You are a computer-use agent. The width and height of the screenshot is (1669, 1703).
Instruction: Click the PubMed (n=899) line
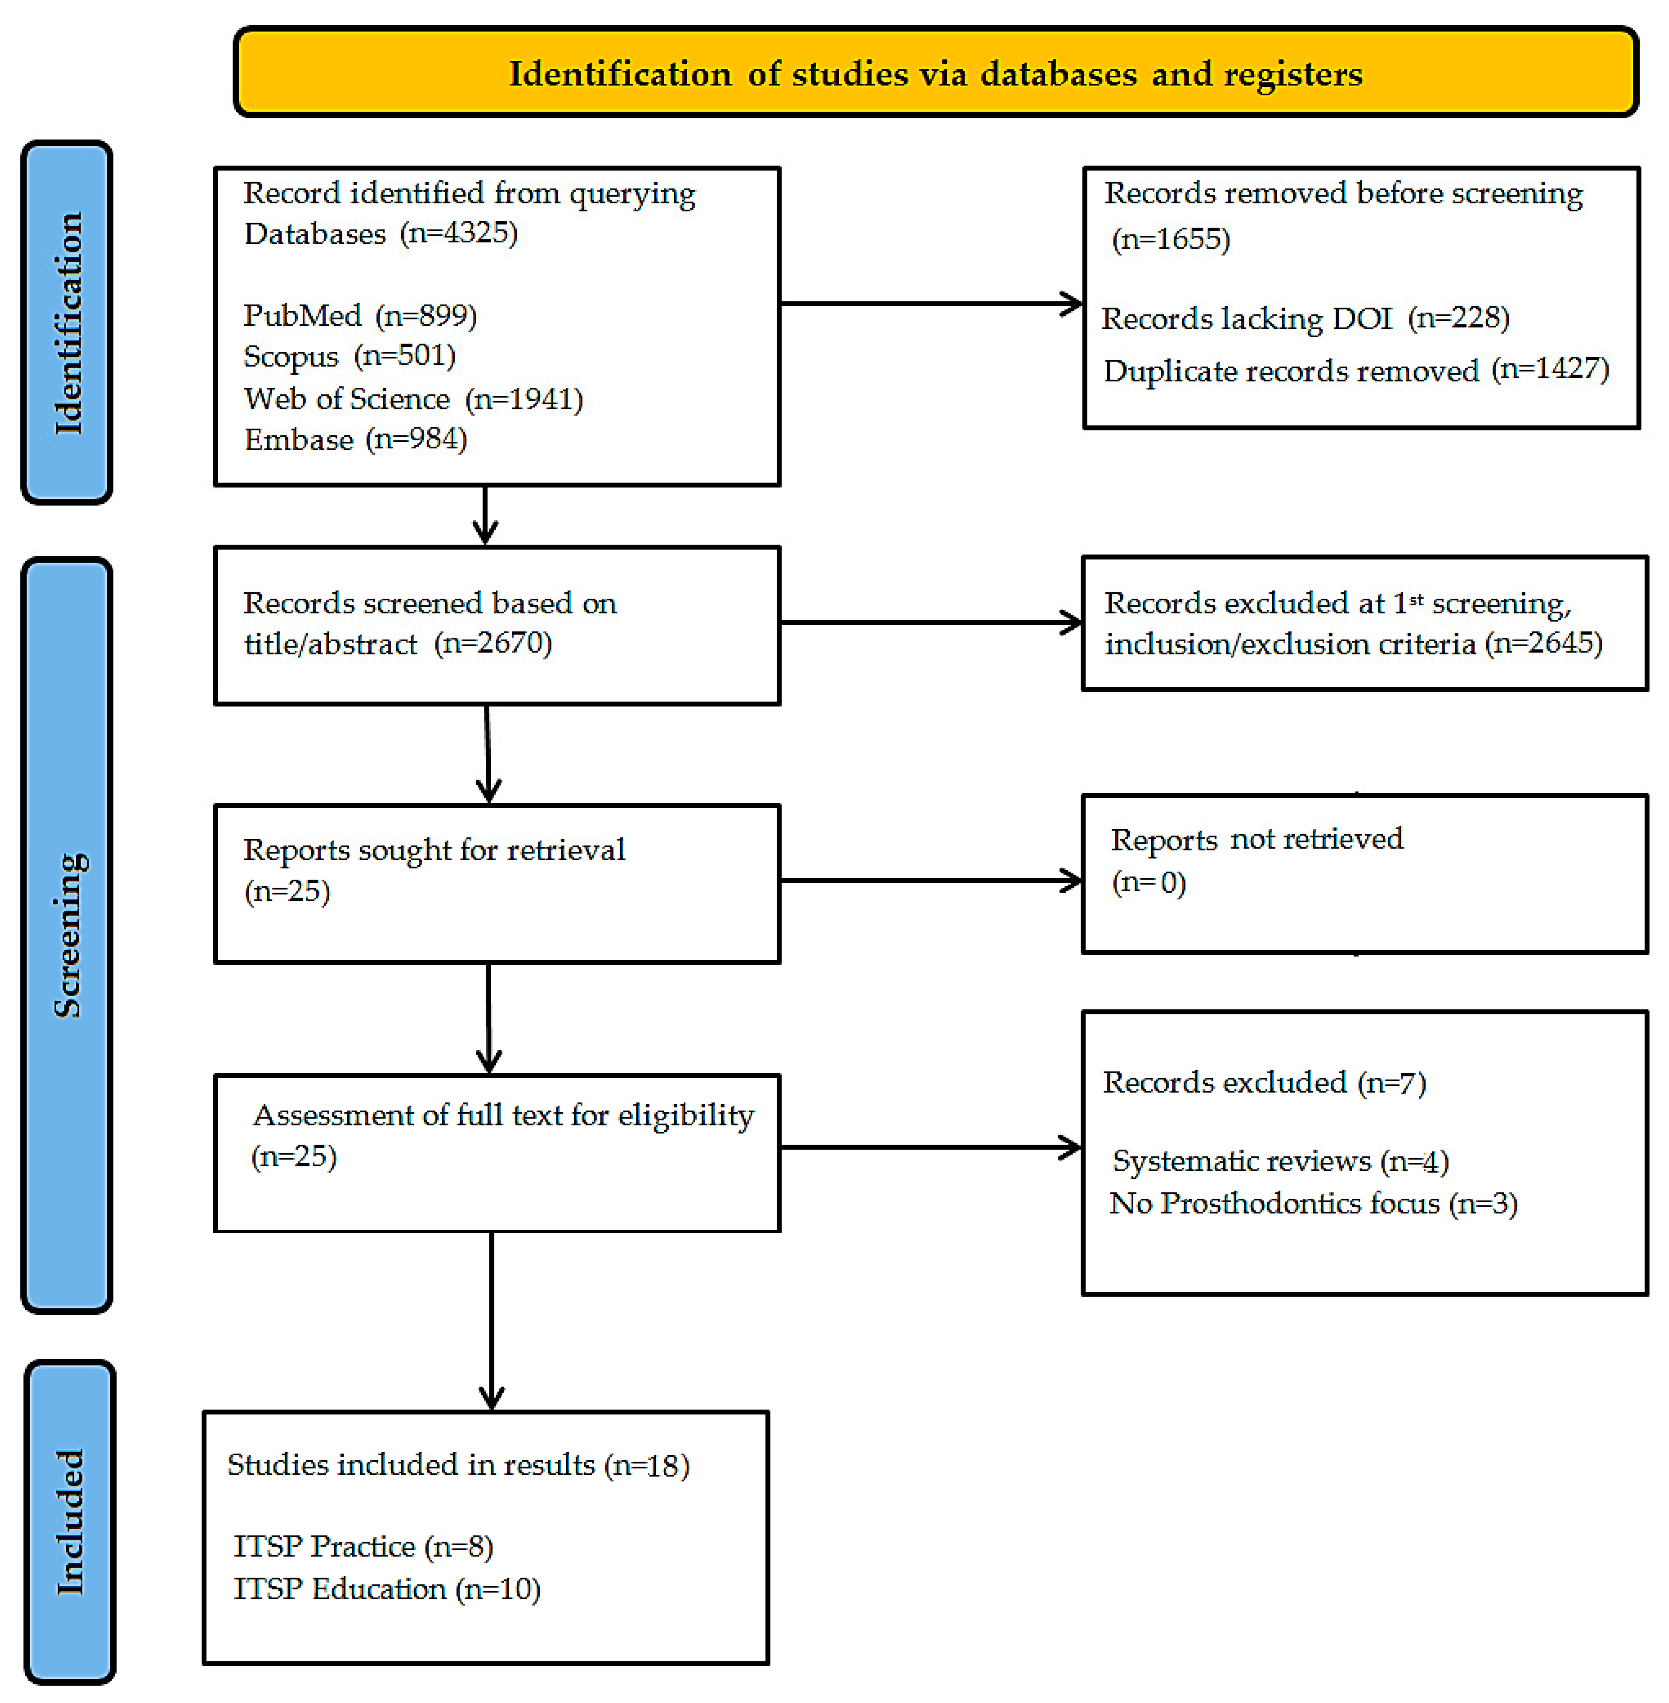[x=359, y=315]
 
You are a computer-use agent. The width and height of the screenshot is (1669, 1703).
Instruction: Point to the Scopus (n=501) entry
[x=349, y=356]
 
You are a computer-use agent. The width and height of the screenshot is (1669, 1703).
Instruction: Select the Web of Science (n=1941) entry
[x=413, y=399]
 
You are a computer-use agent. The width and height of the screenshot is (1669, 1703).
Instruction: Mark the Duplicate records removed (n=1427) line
[x=1355, y=370]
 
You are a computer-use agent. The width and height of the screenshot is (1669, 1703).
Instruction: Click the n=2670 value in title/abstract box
[x=494, y=643]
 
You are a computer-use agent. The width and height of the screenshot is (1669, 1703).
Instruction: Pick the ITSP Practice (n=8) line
[x=363, y=1546]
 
